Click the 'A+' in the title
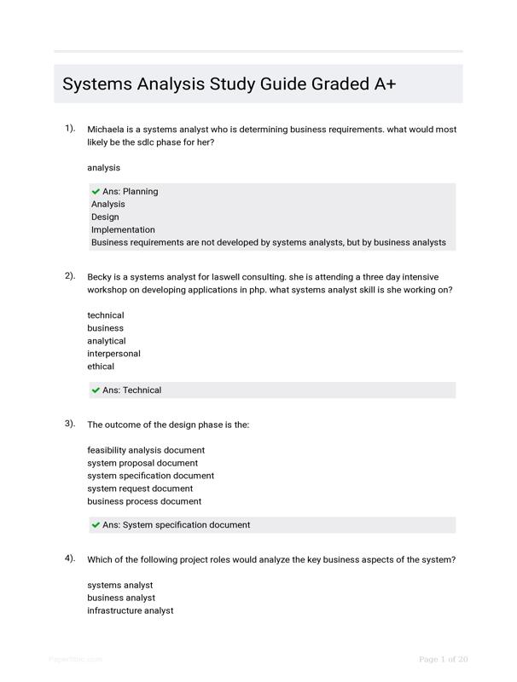pos(383,84)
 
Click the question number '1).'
pos(70,129)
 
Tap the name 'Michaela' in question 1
pos(107,130)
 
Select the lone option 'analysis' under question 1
pos(103,168)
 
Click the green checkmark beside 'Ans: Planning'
pos(96,192)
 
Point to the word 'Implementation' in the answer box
pos(123,229)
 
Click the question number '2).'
pos(70,276)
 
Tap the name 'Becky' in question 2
pos(101,277)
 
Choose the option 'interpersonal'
pos(113,354)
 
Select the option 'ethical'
pos(101,367)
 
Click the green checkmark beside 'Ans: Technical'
pos(96,390)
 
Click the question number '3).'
pos(70,424)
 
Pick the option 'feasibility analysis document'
pos(146,450)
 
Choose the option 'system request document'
pos(140,488)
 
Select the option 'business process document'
pos(144,501)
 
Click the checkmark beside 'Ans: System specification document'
pos(96,525)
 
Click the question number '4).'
pos(70,558)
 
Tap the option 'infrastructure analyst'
pos(130,610)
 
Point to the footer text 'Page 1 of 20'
pos(444,659)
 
